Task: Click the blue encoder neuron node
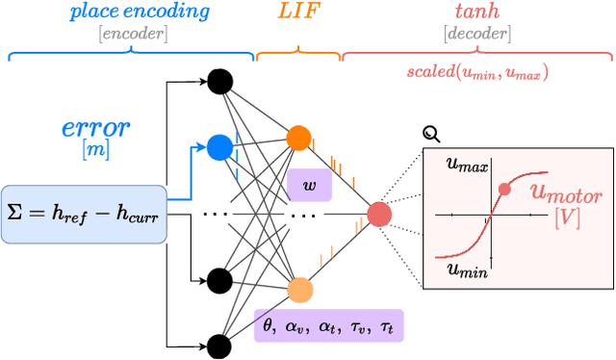(x=219, y=147)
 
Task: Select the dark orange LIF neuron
(x=299, y=140)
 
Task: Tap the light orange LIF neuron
(x=299, y=290)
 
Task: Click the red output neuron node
(x=379, y=214)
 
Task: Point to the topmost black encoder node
(x=219, y=82)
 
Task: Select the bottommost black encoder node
(x=219, y=346)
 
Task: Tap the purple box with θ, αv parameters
(x=327, y=325)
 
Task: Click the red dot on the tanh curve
(x=504, y=188)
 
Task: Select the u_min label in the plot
(x=467, y=270)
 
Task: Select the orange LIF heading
(x=297, y=13)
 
